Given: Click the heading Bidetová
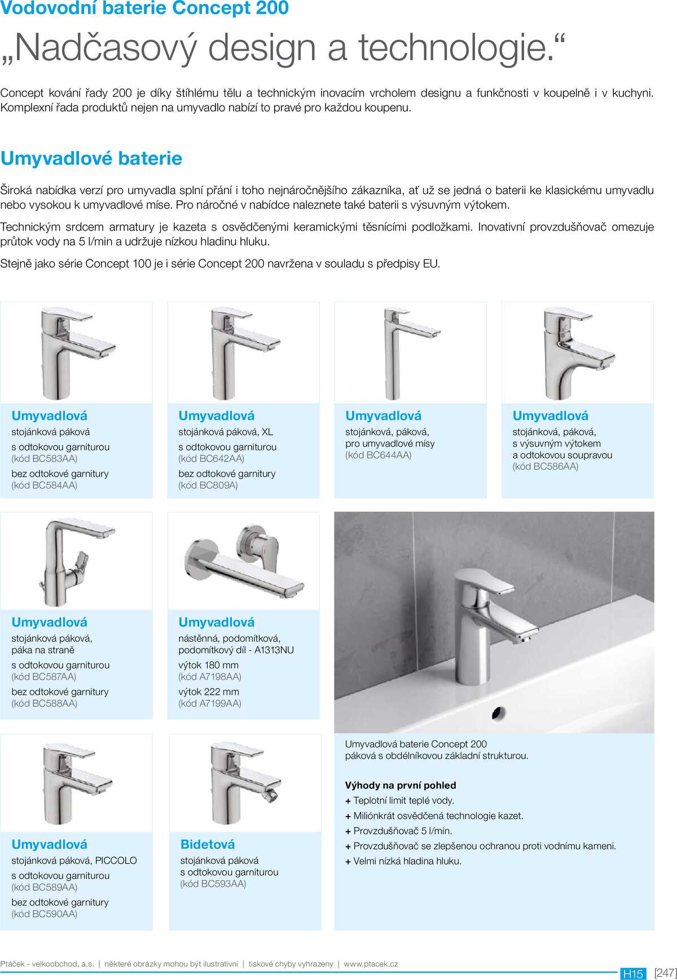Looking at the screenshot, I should tap(208, 844).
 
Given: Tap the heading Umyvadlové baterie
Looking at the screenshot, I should tap(91, 158).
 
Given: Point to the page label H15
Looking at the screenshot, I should tap(632, 973).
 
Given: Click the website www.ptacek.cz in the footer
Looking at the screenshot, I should tap(371, 964).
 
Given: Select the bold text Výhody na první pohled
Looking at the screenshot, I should tap(401, 785).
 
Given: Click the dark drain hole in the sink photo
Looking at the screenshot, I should tap(498, 713).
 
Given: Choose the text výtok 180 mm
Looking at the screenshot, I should tap(208, 665).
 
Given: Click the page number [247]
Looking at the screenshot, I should tap(665, 973).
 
